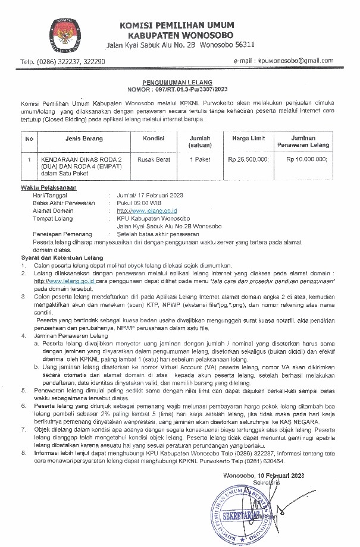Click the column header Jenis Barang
tap(84, 139)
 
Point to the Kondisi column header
tap(154, 139)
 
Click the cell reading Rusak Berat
tap(154, 159)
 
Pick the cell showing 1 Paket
tap(200, 159)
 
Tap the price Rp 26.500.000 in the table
tap(248, 159)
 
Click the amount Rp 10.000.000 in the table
tap(306, 159)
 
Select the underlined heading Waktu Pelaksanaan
tap(46, 188)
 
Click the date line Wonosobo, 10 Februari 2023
tap(264, 458)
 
